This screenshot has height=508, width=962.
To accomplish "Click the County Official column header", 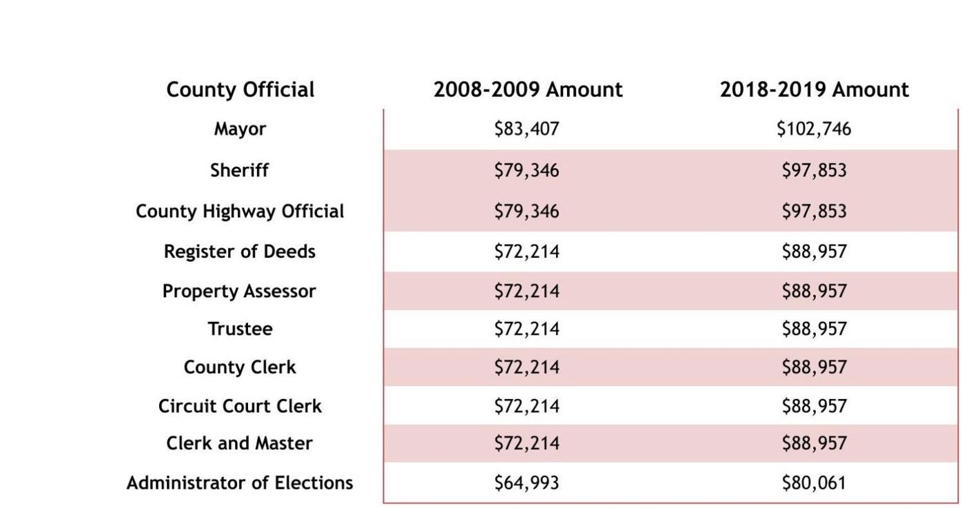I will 240,90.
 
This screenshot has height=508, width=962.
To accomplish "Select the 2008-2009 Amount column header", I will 527,90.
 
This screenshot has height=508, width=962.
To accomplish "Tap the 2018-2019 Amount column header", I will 814,90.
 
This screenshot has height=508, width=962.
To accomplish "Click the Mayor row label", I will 240,129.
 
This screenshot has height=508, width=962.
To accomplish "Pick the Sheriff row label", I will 239,170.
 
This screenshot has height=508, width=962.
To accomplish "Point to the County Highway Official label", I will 240,211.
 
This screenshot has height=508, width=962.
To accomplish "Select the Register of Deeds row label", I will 240,252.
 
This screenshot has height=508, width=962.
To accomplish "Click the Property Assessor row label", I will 239,291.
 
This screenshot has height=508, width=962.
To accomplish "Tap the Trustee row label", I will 240,329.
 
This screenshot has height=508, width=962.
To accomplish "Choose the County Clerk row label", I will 240,367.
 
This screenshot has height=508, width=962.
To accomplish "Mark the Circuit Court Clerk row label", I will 240,406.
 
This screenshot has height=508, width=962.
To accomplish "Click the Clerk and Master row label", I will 240,443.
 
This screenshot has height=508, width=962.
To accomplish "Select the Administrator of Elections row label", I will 240,482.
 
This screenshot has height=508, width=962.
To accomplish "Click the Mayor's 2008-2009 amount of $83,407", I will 526,129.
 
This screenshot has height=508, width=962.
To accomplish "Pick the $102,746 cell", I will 814,129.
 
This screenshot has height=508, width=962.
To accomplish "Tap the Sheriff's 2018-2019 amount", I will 814,170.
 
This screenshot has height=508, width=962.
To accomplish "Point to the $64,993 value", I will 526,483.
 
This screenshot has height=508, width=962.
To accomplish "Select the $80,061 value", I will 814,483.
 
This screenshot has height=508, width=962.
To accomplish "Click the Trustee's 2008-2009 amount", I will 526,329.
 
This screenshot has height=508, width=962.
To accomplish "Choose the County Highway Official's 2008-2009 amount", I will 526,211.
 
